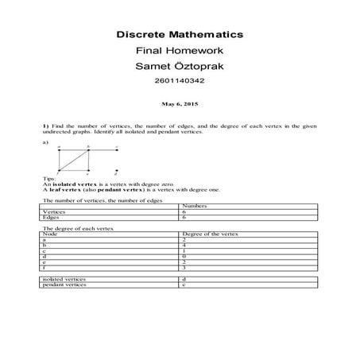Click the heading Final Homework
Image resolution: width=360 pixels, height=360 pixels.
point(180,50)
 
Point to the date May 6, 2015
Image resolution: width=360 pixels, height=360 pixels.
point(180,103)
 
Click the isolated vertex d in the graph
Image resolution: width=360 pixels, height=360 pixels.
point(117,170)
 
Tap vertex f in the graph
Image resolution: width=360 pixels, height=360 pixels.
point(59,170)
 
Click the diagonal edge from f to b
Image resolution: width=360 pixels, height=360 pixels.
point(73,160)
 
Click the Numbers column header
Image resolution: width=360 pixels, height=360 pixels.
point(194,207)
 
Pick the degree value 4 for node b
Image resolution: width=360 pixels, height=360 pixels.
point(184,246)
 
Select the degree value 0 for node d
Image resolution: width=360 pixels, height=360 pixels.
point(184,257)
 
